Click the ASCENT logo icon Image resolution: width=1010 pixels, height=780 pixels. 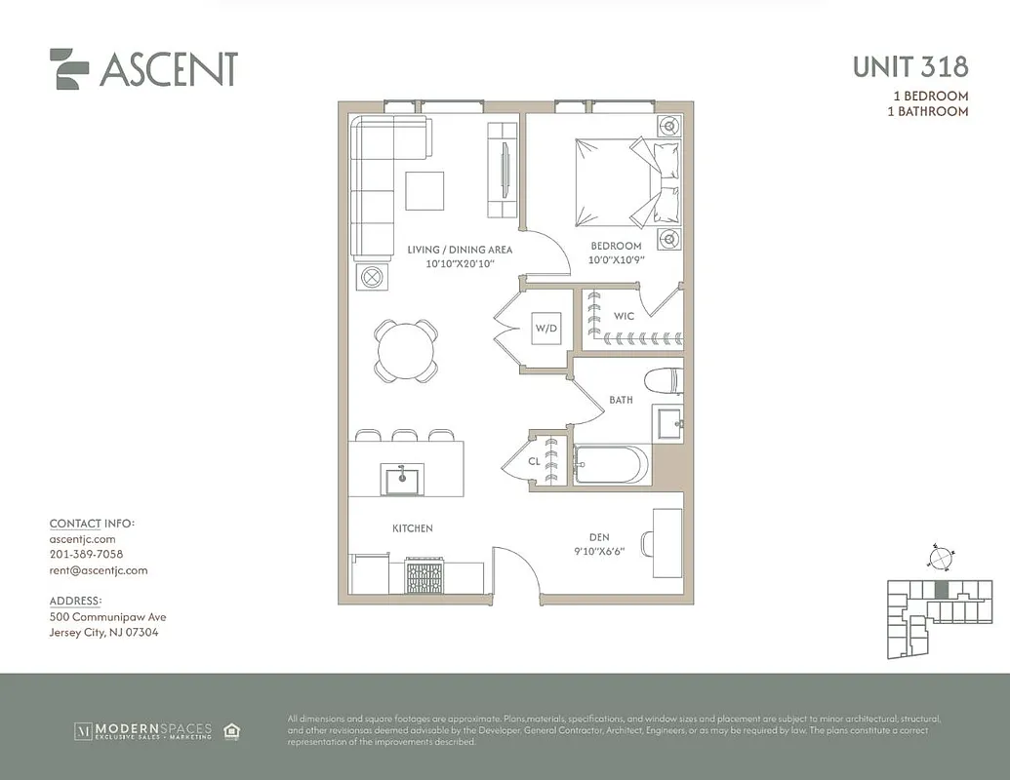pos(69,69)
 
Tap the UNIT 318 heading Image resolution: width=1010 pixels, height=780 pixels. pos(909,66)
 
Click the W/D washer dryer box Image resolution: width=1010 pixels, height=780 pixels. pos(545,329)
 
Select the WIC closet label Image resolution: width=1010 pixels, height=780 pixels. pos(625,316)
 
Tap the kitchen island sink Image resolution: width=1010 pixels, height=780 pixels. pos(401,479)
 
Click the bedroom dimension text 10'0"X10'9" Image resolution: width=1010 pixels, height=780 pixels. pos(616,260)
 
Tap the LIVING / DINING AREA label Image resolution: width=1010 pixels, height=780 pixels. pos(460,250)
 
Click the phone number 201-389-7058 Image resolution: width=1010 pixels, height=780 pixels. pos(86,555)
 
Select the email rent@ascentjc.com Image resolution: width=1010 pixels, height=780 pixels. pos(98,570)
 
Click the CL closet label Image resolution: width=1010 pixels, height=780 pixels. pos(534,462)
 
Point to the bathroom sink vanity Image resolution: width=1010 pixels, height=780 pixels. pos(668,422)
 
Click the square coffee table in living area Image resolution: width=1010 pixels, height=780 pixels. pos(424,190)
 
